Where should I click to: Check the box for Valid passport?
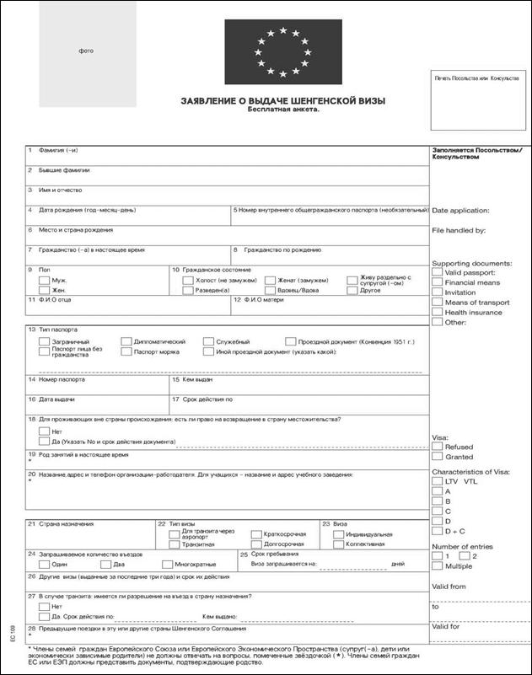pos(437,272)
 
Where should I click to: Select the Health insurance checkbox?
pos(437,312)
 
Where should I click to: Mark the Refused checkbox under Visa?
pos(437,447)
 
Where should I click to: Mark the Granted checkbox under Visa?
pos(437,457)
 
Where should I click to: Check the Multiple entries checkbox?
pos(437,566)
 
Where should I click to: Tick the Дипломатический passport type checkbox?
pos(126,341)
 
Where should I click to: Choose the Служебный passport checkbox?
pos(208,341)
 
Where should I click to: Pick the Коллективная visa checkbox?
pos(337,544)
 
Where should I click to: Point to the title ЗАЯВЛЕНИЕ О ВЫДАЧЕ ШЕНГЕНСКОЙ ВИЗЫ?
pos(283,101)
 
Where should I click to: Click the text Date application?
pos(460,210)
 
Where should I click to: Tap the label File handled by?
pos(459,229)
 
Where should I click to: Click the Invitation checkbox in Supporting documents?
pos(437,292)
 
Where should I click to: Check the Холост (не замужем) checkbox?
pos(187,280)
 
